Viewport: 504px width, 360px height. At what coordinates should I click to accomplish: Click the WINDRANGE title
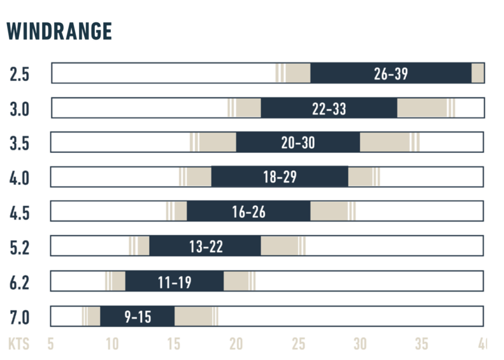(59, 31)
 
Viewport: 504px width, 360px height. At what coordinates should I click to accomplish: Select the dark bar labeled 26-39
(391, 73)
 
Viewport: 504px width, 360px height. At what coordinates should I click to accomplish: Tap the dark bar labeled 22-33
(329, 108)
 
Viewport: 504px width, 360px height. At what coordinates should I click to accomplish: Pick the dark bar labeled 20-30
(298, 142)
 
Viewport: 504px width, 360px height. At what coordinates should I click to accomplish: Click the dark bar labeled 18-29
(280, 176)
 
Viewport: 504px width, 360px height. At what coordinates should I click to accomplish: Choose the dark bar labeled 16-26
(248, 211)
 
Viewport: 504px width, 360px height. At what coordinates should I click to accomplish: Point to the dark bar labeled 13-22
(205, 246)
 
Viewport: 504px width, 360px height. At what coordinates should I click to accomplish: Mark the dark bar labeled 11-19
(174, 281)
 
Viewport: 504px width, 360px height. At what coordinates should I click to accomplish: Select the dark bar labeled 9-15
(137, 316)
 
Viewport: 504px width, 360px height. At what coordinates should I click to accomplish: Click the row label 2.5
(20, 74)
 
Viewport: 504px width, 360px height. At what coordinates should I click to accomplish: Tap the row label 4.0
(19, 178)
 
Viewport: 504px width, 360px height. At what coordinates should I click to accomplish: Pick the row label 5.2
(20, 248)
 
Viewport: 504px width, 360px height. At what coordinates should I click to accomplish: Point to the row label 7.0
(20, 318)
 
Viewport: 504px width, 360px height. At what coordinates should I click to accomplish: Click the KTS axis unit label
(19, 343)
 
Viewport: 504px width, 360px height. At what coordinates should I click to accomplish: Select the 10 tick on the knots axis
(112, 344)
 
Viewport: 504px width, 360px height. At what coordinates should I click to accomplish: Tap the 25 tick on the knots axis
(298, 344)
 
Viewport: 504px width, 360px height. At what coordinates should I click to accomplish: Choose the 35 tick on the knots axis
(422, 344)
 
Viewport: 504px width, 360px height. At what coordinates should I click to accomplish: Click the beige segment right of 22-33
(426, 108)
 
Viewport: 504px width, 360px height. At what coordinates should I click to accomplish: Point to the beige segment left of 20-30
(213, 142)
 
